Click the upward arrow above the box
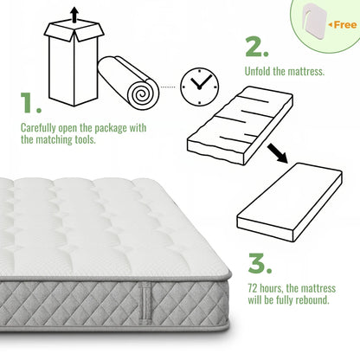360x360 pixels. [x=74, y=15]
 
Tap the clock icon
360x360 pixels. [x=199, y=87]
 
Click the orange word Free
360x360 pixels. [x=345, y=25]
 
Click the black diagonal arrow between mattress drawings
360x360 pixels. [x=277, y=153]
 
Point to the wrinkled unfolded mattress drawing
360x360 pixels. [x=240, y=125]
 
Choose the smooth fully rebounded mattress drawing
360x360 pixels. [x=290, y=202]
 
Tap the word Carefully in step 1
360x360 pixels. [x=38, y=128]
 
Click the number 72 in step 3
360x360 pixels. [x=253, y=288]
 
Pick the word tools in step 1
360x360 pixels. [x=86, y=140]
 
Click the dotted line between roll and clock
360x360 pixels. [x=168, y=87]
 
